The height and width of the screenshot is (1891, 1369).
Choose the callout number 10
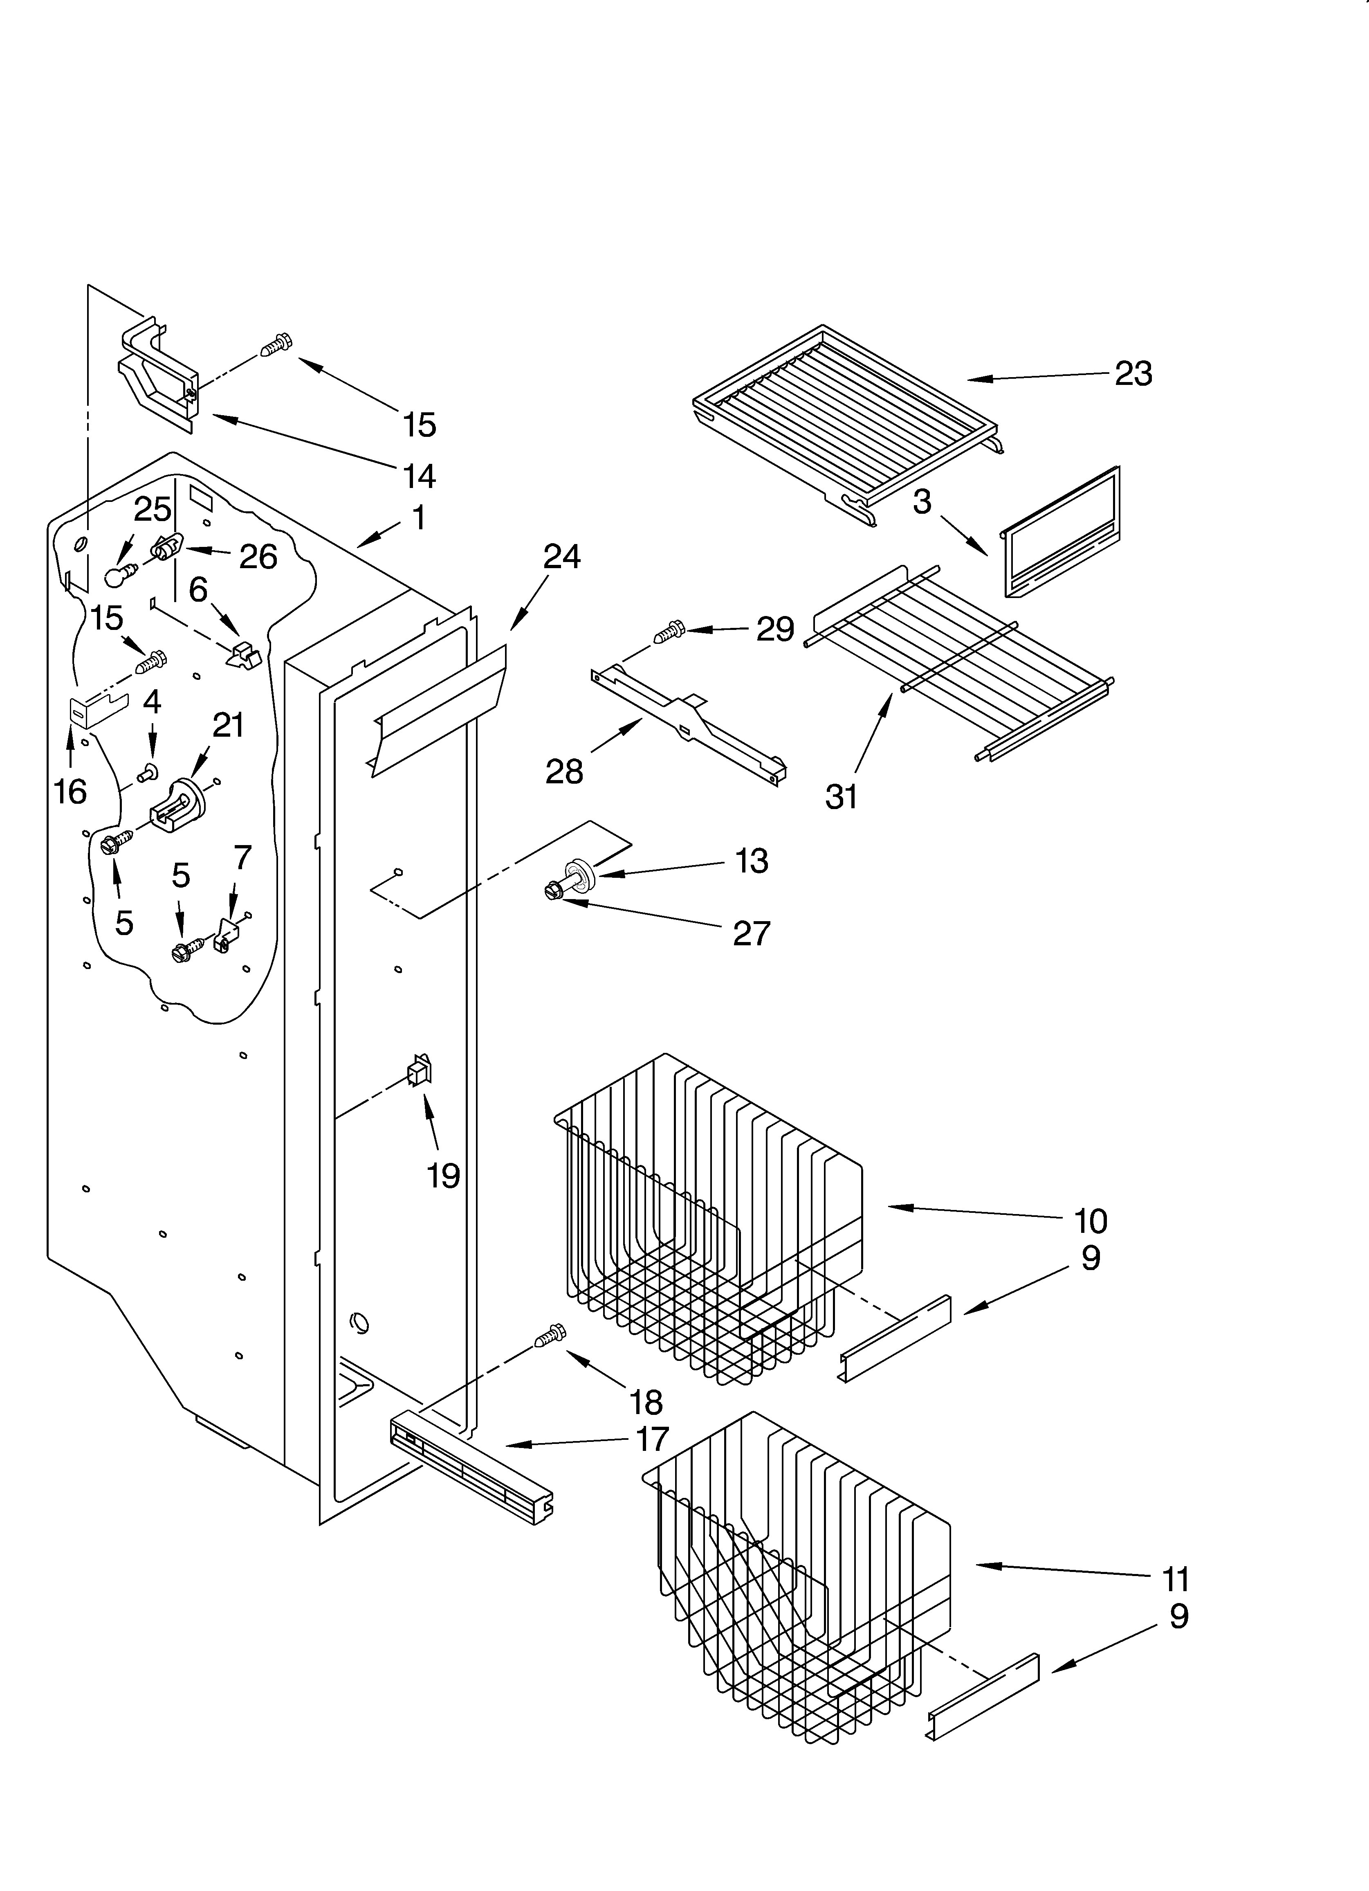tap(1090, 1221)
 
